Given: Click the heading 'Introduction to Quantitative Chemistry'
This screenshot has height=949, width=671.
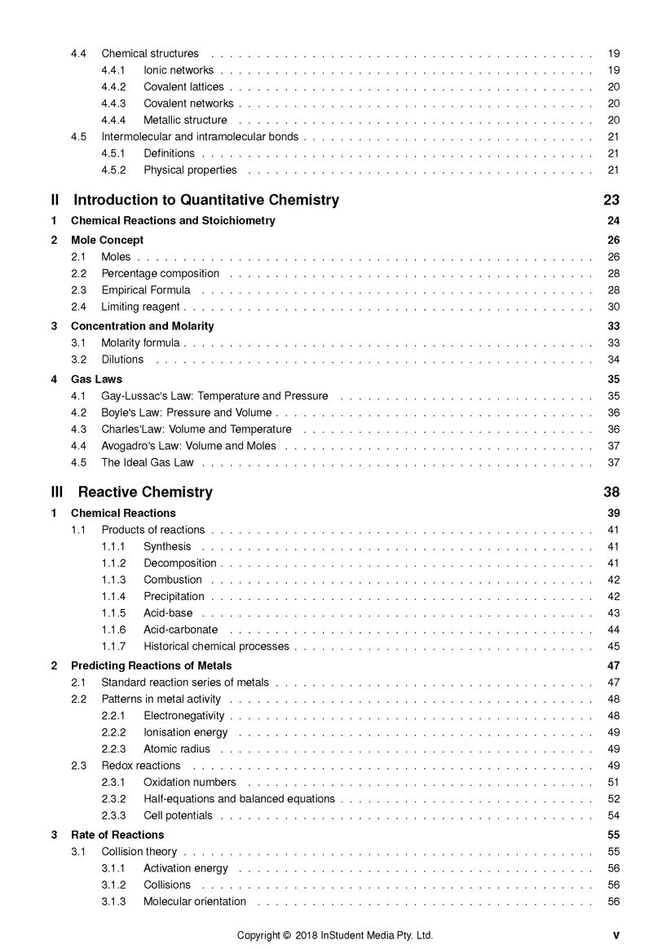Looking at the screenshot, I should [206, 201].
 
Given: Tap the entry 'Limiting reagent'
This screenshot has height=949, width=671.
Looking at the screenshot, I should [140, 307].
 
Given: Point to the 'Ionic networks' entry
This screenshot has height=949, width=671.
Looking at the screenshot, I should [179, 70].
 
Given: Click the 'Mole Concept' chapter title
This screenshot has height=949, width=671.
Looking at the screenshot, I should [107, 241].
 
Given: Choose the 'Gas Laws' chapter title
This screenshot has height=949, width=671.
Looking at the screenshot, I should [96, 379].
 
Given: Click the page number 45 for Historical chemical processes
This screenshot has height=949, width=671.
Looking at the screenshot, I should [613, 647].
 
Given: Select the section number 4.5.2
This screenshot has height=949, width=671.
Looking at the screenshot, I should [113, 170].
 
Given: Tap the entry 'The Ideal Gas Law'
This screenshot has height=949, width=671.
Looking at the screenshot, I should [148, 462].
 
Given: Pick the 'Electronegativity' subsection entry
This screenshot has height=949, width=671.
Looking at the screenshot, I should [183, 716].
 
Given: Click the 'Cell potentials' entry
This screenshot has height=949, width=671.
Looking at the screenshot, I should [178, 815].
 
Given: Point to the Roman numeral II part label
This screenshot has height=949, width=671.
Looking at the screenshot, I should [55, 201].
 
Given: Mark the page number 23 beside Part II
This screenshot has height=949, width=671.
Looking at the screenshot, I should [611, 201].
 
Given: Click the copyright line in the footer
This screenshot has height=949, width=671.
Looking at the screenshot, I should [335, 935].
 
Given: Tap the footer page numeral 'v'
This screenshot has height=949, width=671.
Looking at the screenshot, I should [616, 935].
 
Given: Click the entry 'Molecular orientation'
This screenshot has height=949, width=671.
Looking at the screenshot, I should [195, 902].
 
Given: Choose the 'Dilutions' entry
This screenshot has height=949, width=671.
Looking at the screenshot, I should [122, 360].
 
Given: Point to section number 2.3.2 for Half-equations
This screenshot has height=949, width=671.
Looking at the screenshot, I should [113, 799].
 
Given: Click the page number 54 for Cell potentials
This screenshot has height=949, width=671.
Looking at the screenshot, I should [613, 815].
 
